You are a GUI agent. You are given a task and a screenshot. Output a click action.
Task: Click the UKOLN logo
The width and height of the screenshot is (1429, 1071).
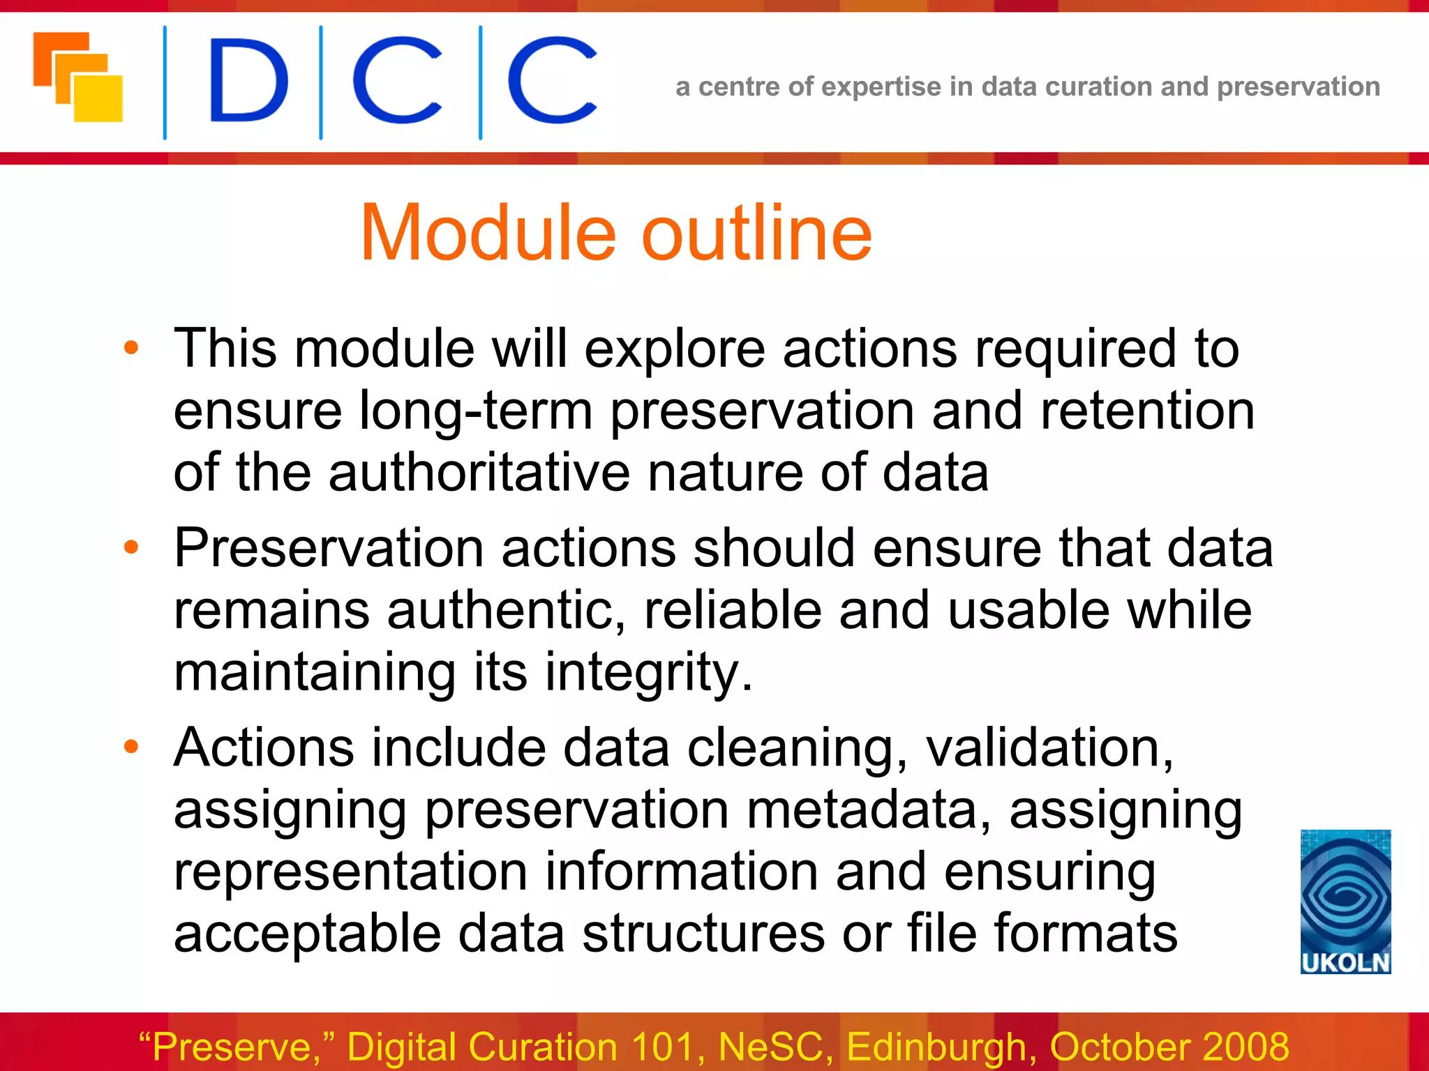[1345, 901]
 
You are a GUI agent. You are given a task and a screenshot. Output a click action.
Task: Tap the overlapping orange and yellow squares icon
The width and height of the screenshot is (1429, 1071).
[78, 77]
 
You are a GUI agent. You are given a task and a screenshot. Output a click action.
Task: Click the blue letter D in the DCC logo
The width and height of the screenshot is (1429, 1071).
[248, 80]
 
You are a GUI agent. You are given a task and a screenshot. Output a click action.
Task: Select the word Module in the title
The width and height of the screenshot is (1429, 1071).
[488, 233]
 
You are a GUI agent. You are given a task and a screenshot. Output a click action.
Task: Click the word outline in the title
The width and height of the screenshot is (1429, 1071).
[756, 233]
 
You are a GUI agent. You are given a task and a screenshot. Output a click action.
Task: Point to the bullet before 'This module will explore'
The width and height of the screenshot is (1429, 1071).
[131, 347]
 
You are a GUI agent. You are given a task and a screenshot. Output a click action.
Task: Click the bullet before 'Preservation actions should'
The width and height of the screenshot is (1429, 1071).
[131, 547]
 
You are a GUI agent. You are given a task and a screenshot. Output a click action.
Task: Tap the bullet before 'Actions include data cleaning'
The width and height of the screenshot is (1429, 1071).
[131, 747]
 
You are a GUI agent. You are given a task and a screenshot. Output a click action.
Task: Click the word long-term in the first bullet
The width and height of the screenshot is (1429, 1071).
[475, 411]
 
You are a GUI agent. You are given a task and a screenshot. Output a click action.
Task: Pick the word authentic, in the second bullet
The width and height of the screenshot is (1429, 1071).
[506, 610]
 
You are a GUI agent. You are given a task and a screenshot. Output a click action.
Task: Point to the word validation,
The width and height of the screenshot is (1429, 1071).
[1049, 748]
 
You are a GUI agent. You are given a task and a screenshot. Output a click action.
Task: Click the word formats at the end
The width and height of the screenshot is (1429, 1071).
[1086, 934]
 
